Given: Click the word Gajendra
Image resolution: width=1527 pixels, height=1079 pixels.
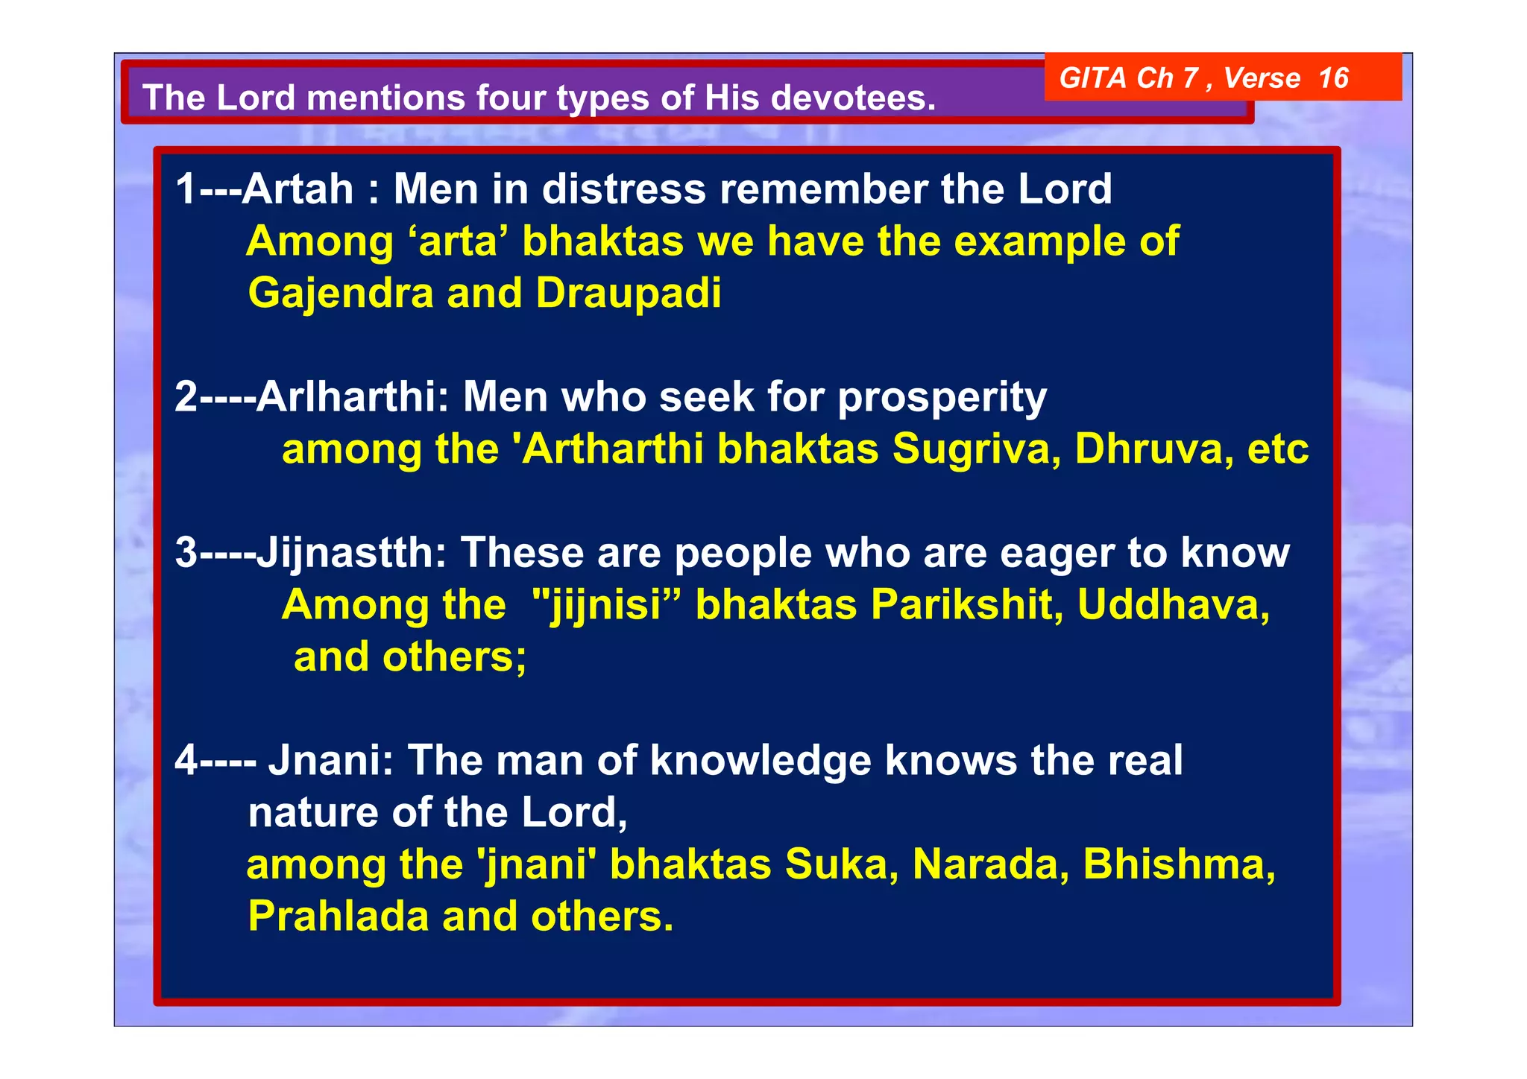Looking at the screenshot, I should pyautogui.click(x=340, y=294).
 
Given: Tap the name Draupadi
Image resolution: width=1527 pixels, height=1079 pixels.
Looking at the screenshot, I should pyautogui.click(x=628, y=294).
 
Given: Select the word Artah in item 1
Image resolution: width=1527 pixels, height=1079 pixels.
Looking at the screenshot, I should pyautogui.click(x=297, y=189).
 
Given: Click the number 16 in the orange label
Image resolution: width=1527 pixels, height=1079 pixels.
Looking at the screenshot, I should pyautogui.click(x=1333, y=78).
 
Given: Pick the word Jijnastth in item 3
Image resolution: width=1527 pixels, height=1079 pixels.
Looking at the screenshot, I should pyautogui.click(x=351, y=554).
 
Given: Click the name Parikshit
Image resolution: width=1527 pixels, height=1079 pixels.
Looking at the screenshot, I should pyautogui.click(x=966, y=605).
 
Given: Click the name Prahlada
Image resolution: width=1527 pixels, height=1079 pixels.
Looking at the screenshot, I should pyautogui.click(x=338, y=917).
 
